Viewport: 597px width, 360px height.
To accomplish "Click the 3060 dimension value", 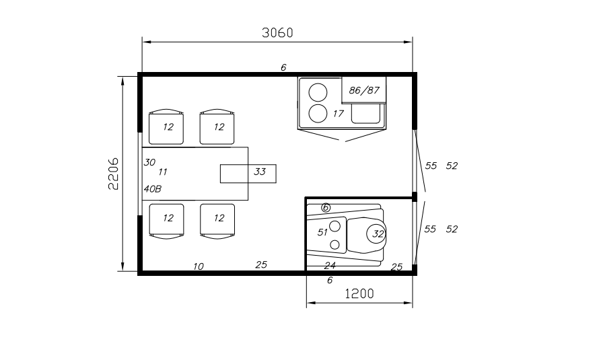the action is (x=277, y=33).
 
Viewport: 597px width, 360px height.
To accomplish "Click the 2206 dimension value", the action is (x=114, y=174).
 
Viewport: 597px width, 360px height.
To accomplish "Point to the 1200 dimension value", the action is (x=359, y=294).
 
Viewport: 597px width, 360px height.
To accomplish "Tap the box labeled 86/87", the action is (x=363, y=89).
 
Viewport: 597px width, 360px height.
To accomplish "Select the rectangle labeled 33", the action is (x=248, y=174).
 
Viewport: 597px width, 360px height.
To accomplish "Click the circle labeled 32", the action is (x=376, y=233).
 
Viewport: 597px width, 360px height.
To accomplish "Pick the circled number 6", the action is (x=326, y=208).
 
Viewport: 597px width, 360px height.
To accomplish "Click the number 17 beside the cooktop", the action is (x=338, y=114).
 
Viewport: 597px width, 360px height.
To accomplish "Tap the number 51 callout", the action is (x=322, y=232).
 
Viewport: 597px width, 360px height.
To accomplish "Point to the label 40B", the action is (x=153, y=189).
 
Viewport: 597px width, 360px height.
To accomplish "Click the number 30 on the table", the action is (x=149, y=162).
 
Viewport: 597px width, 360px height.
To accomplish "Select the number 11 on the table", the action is (x=163, y=172).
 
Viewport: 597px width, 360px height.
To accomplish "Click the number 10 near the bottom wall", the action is (x=199, y=266).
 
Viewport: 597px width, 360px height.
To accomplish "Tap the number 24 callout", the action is (x=330, y=265).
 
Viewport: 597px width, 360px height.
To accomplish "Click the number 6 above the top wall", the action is (x=283, y=67).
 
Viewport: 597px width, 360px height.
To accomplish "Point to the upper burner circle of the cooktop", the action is (x=318, y=92).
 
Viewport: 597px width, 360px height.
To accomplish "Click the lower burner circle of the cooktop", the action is (x=318, y=114).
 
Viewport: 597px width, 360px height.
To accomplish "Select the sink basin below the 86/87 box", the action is (x=365, y=114).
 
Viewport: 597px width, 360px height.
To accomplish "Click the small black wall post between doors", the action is (x=415, y=196).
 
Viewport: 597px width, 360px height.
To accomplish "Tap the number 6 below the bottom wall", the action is (x=330, y=280).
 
